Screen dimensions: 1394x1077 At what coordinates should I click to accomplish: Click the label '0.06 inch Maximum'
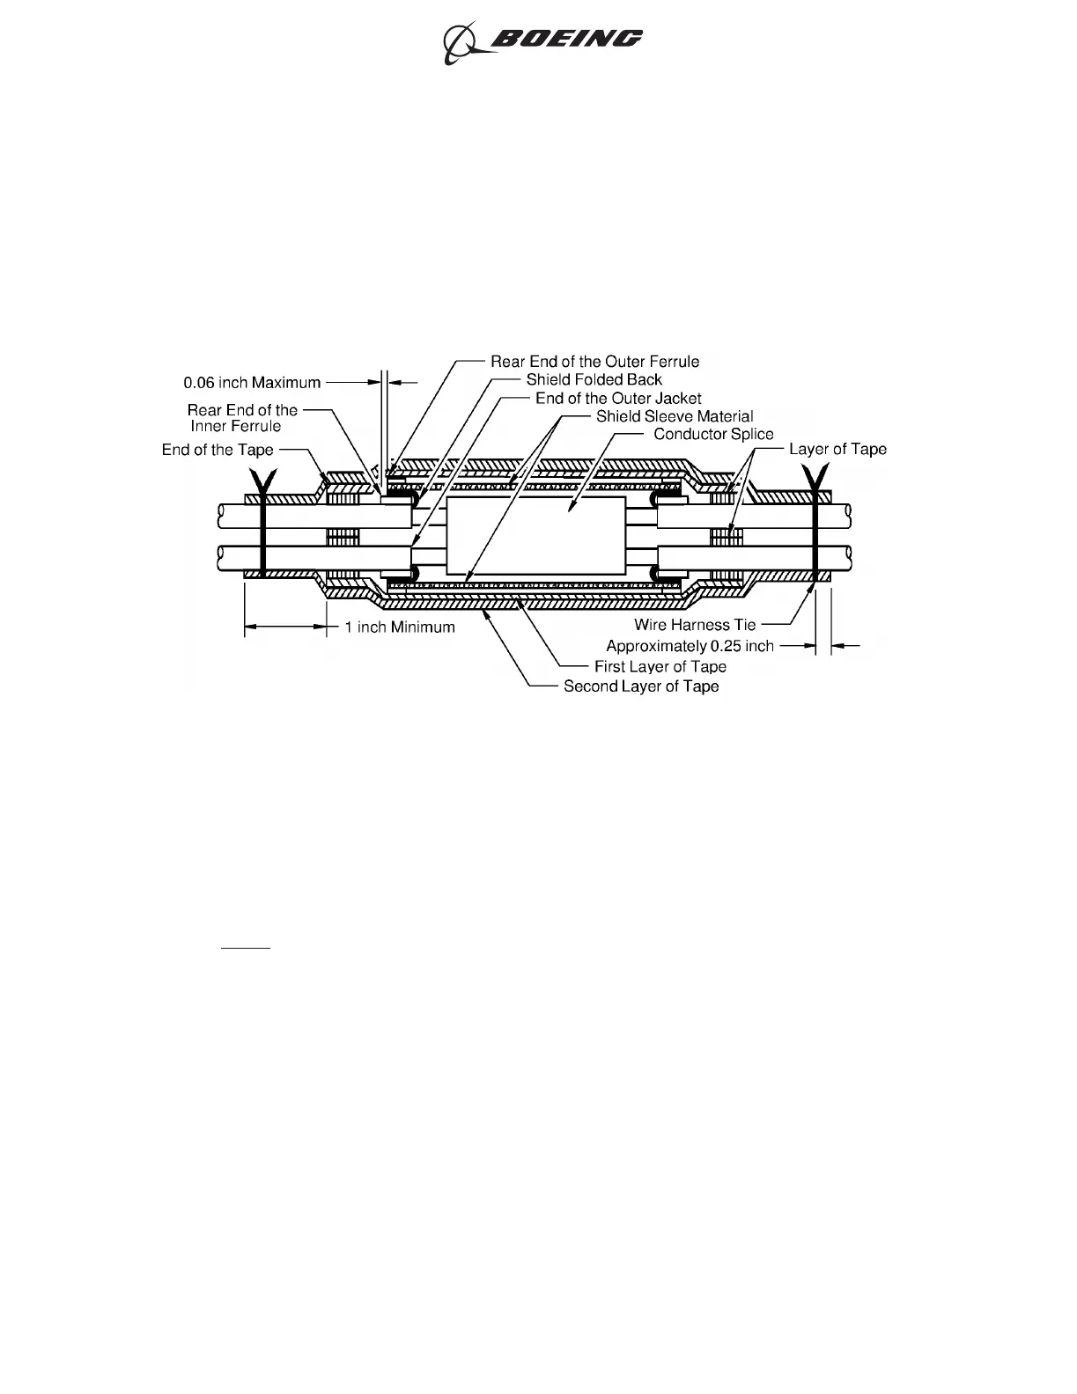tap(252, 383)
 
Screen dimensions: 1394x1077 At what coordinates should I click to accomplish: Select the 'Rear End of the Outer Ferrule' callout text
tap(594, 362)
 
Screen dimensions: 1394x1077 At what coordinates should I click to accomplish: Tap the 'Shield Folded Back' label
tap(594, 380)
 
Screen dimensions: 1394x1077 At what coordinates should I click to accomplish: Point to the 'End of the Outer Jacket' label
tap(618, 399)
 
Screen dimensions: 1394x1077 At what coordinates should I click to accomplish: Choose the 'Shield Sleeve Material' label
tap(675, 416)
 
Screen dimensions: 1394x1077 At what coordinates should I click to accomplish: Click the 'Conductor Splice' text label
tap(713, 434)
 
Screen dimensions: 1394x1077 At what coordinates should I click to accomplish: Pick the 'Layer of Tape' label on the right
tap(837, 450)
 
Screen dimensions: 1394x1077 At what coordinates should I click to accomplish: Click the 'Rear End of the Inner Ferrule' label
tap(242, 418)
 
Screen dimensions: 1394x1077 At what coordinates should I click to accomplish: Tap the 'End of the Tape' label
tap(218, 451)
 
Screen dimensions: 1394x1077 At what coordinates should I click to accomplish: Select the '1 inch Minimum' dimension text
tap(400, 627)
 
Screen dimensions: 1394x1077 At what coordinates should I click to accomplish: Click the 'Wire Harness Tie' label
tap(695, 625)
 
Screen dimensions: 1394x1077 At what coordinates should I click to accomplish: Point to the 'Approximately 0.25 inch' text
tap(690, 646)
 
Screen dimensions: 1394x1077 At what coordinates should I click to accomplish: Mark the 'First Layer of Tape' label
tap(660, 667)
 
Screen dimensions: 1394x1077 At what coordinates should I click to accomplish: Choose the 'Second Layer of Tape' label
tap(641, 686)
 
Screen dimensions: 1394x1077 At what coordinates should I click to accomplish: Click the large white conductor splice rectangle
tap(535, 534)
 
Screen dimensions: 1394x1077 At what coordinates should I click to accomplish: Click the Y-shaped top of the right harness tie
tap(817, 478)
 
